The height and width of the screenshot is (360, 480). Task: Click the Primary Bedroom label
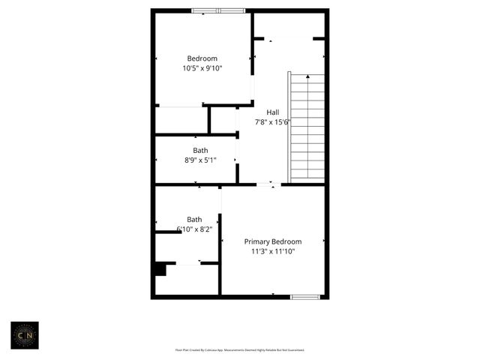(273, 241)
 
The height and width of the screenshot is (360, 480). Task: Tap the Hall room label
(273, 112)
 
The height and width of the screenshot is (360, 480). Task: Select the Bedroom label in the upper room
(202, 58)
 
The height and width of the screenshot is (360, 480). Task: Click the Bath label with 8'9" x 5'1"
(200, 150)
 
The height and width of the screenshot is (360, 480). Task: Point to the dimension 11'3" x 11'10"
(273, 252)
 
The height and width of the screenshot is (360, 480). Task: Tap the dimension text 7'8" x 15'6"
(273, 122)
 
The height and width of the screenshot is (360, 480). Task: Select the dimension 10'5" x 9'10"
(202, 68)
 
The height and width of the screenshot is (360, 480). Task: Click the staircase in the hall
(307, 127)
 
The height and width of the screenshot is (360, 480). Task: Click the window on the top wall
(217, 10)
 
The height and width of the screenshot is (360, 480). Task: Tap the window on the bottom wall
(305, 297)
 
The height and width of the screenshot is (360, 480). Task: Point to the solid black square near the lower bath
(160, 269)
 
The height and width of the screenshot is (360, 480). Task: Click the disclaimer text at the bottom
(240, 349)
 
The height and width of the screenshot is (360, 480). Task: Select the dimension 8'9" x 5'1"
(200, 160)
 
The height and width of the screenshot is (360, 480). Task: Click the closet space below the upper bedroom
(181, 120)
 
